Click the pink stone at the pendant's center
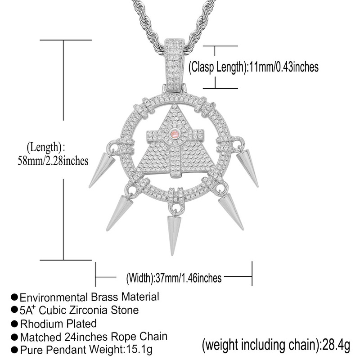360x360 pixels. pos(175,134)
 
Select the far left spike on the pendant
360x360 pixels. pos(101,169)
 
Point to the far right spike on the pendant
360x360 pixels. pos(248,167)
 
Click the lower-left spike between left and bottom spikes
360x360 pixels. pos(120,211)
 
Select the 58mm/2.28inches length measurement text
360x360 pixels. pos(53,161)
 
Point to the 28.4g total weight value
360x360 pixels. pos(333,346)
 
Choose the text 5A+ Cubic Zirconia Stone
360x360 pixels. pos(79,310)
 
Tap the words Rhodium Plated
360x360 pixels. pos(58,323)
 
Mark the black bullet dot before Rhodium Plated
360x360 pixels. pos(14,324)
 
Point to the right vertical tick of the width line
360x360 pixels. pos(252,274)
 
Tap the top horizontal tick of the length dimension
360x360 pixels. pos(63,40)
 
